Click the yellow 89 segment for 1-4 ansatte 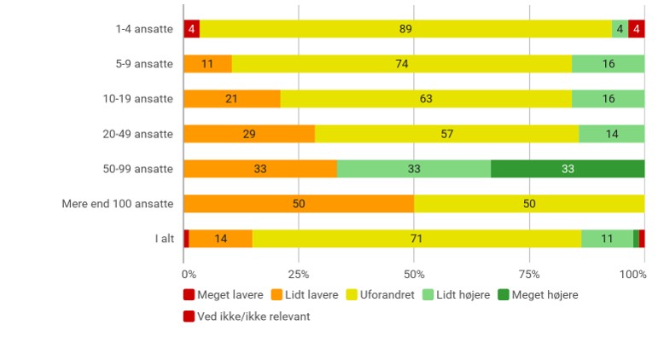[405, 29]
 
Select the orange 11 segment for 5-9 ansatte [207, 64]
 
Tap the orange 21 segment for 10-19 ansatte [231, 99]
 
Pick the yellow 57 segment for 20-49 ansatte [446, 134]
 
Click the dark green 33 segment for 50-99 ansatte [568, 169]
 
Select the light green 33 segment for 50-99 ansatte [414, 169]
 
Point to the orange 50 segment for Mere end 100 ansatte [299, 204]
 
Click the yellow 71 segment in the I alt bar [416, 239]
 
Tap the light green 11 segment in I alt [607, 239]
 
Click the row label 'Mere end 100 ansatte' [118, 204]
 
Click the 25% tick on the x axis [299, 274]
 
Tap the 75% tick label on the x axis [529, 274]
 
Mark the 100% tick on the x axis [632, 274]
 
